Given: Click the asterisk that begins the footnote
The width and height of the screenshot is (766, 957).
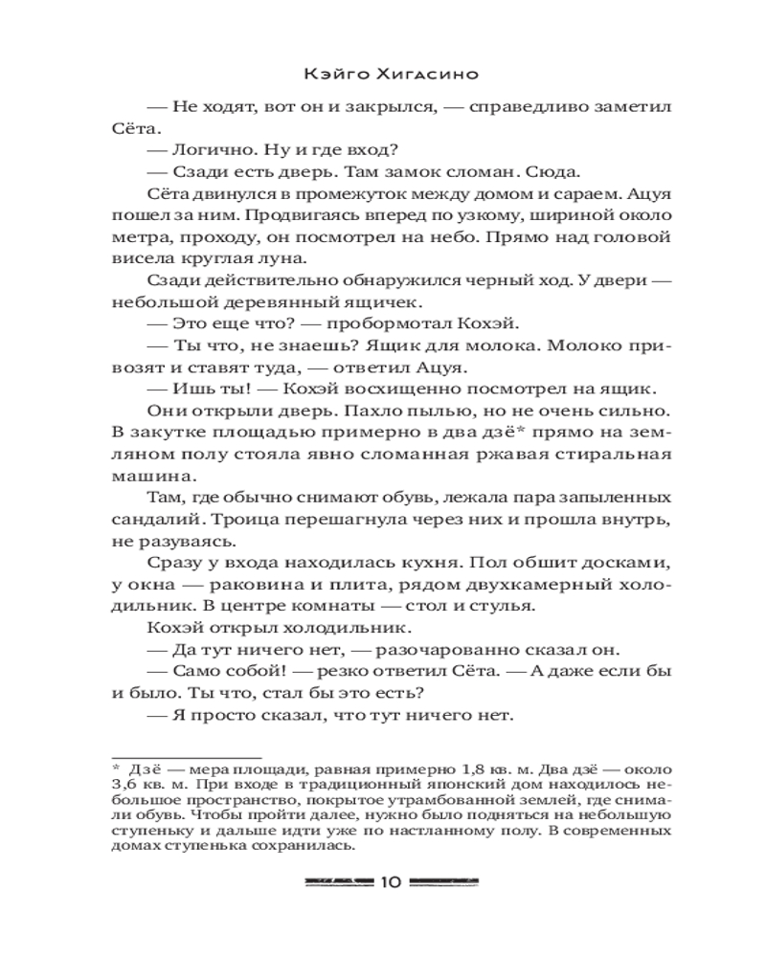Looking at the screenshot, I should click(116, 768).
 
